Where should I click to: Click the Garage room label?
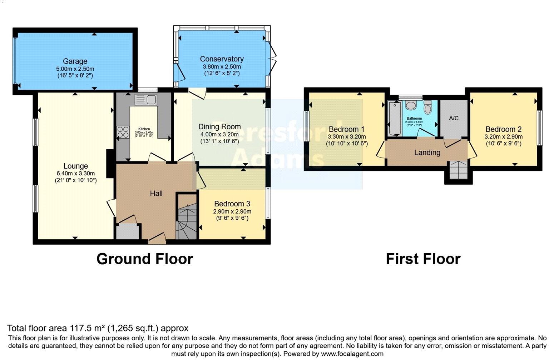pyautogui.click(x=75, y=61)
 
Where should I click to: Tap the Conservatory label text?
pyautogui.click(x=222, y=59)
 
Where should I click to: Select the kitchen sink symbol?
pyautogui.click(x=146, y=100)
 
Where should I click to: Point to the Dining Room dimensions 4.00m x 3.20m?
pyautogui.click(x=219, y=134)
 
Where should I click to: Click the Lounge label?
pyautogui.click(x=75, y=166)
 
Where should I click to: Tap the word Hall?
pyautogui.click(x=156, y=194)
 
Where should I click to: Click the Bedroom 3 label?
pyautogui.click(x=232, y=204)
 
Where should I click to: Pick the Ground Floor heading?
pyautogui.click(x=145, y=259)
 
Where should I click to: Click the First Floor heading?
pyautogui.click(x=423, y=259)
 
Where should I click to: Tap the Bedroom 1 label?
pyautogui.click(x=347, y=129)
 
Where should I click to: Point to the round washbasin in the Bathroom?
pyautogui.click(x=411, y=106)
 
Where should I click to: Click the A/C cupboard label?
pyautogui.click(x=454, y=118)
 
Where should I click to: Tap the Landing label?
pyautogui.click(x=427, y=152)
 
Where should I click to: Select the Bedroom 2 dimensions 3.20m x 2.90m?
pyautogui.click(x=503, y=137)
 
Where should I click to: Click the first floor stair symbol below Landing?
pyautogui.click(x=458, y=170)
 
